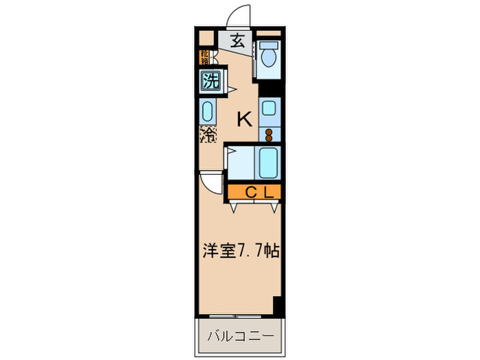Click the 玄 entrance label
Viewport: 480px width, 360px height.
(x=237, y=40)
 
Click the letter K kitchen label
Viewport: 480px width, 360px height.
(x=244, y=119)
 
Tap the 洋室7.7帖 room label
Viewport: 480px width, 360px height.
(x=239, y=252)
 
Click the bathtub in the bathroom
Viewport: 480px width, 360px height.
(x=268, y=163)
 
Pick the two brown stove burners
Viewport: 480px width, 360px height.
(x=269, y=133)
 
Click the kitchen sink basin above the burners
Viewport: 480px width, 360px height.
(x=270, y=108)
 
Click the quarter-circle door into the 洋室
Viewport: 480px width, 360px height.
(x=211, y=182)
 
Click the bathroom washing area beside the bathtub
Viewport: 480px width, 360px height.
(x=240, y=163)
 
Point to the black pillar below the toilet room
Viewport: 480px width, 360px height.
(x=269, y=88)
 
